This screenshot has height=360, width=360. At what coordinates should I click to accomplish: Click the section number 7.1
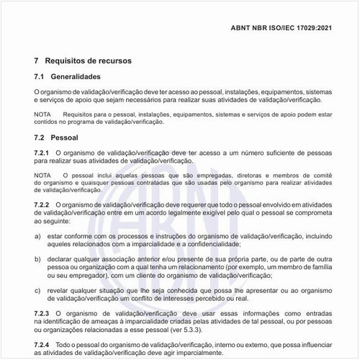40,76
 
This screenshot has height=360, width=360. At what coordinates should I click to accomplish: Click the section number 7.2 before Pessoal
40,137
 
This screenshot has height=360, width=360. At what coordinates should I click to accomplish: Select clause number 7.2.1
42,153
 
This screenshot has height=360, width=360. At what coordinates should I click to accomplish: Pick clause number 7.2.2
42,205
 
